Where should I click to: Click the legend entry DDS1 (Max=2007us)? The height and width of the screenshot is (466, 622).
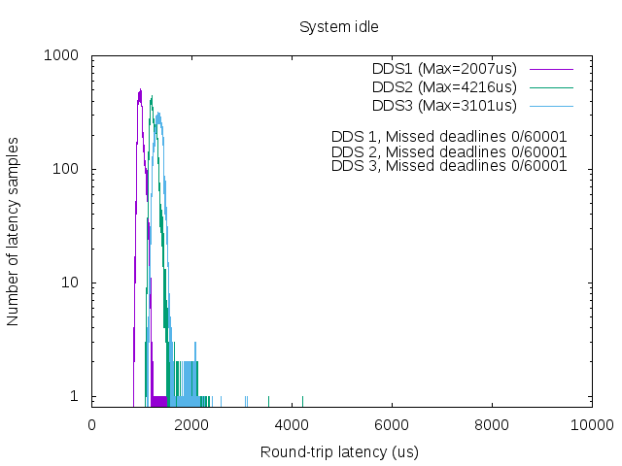(444, 69)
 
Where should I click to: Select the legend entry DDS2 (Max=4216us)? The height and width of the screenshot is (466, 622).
(444, 87)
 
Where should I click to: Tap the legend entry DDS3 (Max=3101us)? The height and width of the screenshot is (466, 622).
(444, 105)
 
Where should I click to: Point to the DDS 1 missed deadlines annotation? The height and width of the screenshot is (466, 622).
(448, 137)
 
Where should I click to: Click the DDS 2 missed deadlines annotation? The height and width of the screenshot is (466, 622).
(448, 152)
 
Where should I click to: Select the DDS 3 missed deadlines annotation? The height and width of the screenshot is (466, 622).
(448, 166)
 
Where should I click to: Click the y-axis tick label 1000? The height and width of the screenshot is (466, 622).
(61, 56)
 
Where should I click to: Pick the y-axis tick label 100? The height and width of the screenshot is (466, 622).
(65, 170)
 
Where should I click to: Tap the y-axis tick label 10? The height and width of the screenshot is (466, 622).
(69, 283)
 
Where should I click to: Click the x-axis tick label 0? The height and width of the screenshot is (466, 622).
(92, 424)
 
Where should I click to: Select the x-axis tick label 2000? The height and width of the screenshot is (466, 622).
(192, 424)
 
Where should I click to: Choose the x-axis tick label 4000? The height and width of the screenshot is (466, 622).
(292, 424)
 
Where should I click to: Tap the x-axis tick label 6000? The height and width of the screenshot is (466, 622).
(392, 424)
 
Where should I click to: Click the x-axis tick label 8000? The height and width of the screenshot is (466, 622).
(492, 424)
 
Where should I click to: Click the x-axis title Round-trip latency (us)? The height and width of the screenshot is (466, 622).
(340, 452)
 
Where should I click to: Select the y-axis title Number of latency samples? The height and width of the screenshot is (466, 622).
(14, 230)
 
